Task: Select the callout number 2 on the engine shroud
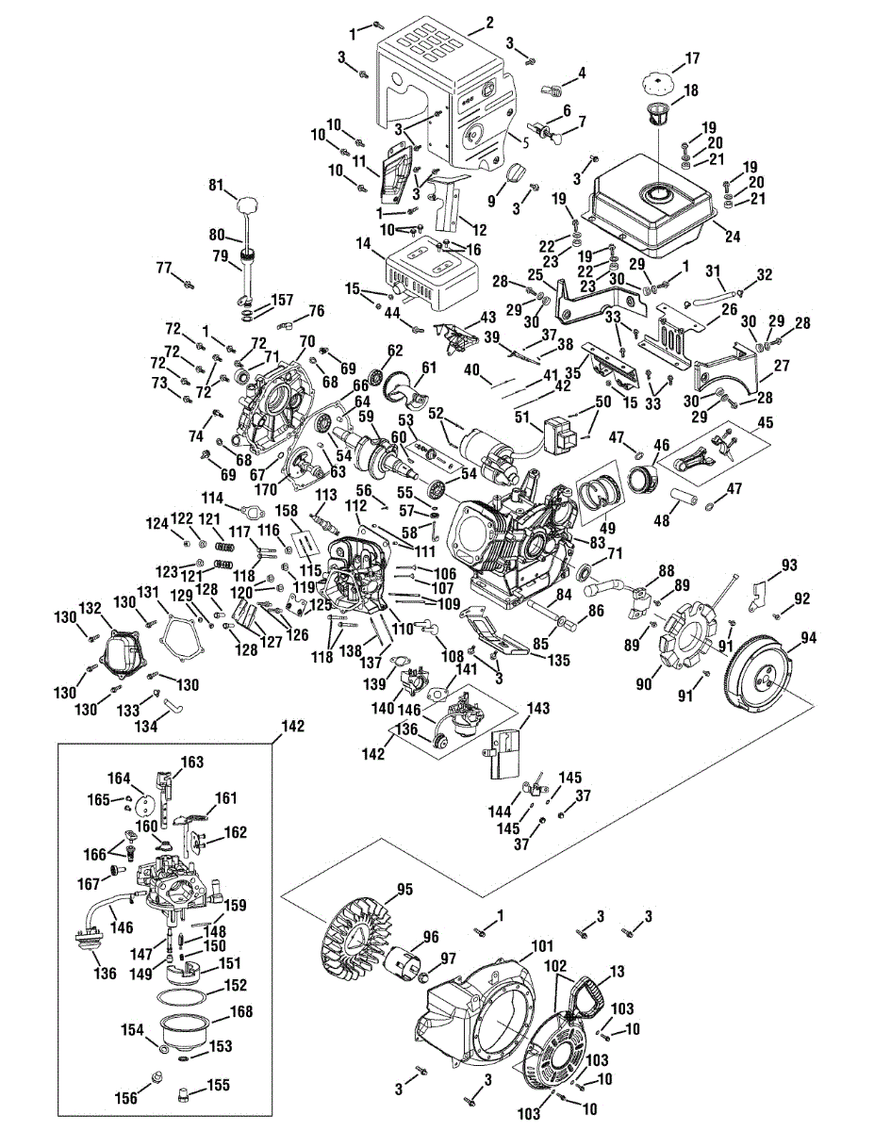coord(489,22)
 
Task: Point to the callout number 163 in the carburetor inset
coord(192,761)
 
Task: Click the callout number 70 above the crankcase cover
coord(307,340)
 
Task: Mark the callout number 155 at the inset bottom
coord(218,1085)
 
